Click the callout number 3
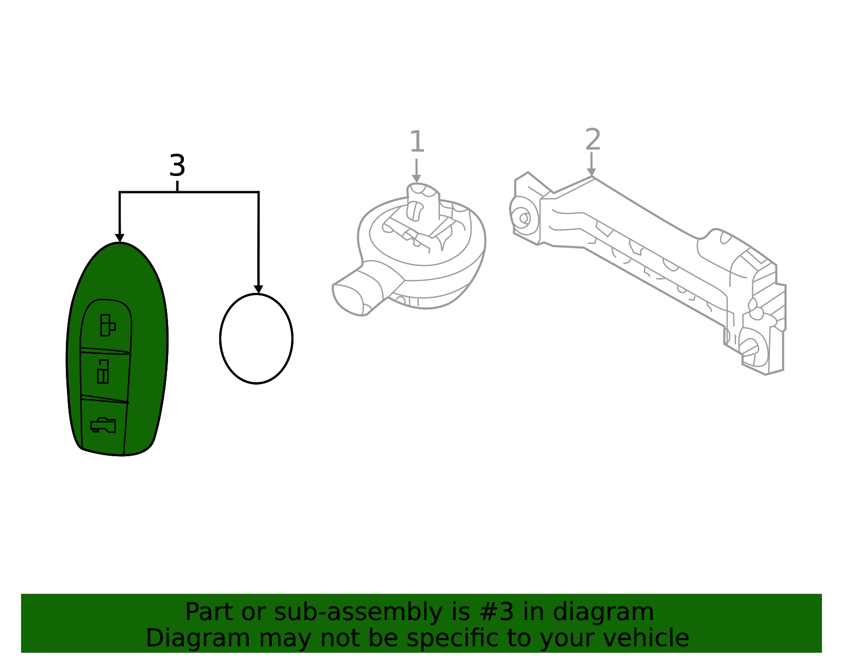click(x=177, y=166)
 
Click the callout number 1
click(x=417, y=142)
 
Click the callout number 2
click(x=593, y=140)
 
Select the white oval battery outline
click(x=256, y=339)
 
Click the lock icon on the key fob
click(x=107, y=325)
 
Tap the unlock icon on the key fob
click(x=103, y=372)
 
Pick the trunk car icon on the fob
click(x=103, y=425)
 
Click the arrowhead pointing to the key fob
click(x=120, y=238)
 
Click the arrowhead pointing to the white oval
click(x=258, y=289)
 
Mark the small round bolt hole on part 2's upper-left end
click(x=524, y=218)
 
